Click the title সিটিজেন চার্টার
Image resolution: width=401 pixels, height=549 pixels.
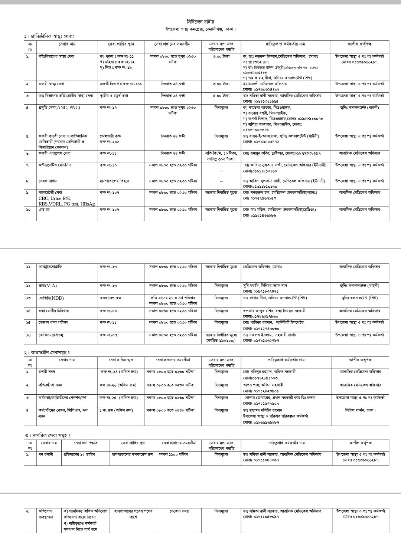pyautogui.click(x=200, y=22)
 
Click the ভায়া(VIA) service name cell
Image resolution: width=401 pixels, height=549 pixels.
pyautogui.click(x=48, y=286)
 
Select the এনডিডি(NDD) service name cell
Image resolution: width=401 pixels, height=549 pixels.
pyautogui.click(x=51, y=298)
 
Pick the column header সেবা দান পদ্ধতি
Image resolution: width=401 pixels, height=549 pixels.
pyautogui.click(x=86, y=443)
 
